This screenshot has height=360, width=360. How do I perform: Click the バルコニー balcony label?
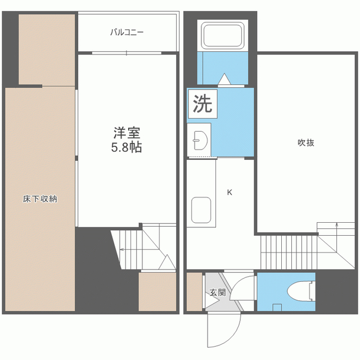click(x=127, y=32)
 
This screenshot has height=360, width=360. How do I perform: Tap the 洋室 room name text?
click(x=127, y=133)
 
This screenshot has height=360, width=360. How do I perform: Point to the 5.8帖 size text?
click(x=127, y=147)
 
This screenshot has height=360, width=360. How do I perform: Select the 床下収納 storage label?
click(x=40, y=199)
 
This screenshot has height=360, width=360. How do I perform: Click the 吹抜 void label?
click(x=306, y=142)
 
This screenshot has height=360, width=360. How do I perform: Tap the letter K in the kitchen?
click(x=229, y=192)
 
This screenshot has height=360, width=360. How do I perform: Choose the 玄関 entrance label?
click(x=218, y=292)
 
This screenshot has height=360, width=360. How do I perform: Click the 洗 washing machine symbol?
click(x=202, y=103)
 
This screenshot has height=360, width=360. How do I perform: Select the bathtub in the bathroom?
click(x=223, y=35)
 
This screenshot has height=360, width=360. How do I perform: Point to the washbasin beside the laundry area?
click(x=200, y=140)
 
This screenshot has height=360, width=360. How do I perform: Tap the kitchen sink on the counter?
click(x=201, y=210)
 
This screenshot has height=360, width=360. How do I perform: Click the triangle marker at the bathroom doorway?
click(x=224, y=79)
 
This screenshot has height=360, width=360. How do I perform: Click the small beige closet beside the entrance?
click(x=194, y=291)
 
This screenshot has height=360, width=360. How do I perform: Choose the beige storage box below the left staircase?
click(x=157, y=292)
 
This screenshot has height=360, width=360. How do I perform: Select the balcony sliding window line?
click(x=127, y=53)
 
